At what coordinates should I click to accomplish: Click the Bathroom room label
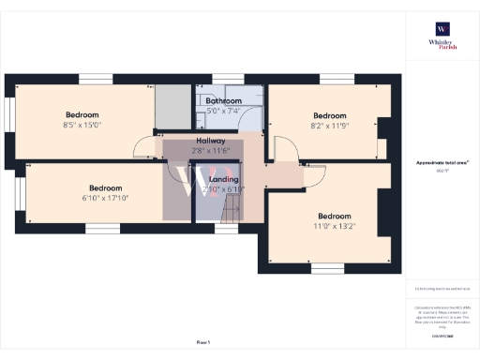224,100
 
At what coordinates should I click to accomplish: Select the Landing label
224,179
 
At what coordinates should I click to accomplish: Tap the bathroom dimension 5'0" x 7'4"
224,111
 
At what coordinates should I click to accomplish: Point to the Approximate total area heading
442,163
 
